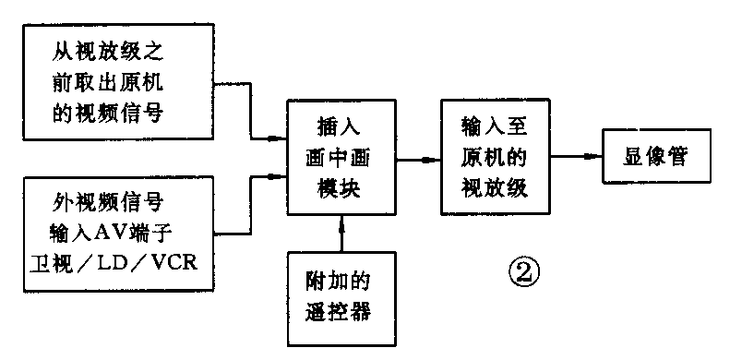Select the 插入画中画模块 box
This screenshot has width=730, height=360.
point(341,158)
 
